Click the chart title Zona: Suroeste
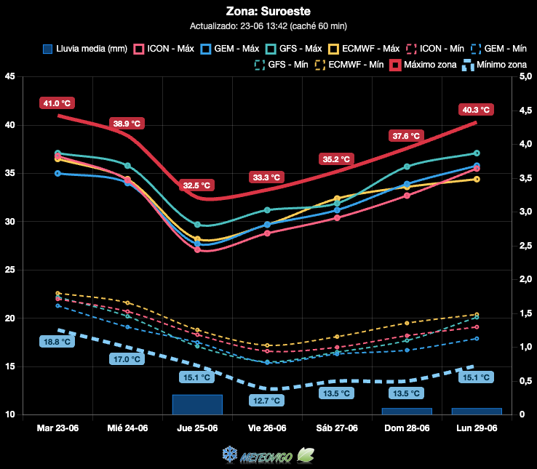click(x=268, y=12)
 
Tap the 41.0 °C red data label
click(x=57, y=103)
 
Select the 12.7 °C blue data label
click(x=266, y=400)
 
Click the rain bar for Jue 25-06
click(x=197, y=404)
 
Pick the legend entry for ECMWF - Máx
click(x=364, y=49)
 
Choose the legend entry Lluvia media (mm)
click(x=85, y=49)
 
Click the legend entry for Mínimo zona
click(x=494, y=65)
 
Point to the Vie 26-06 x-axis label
click(x=267, y=428)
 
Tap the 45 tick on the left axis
click(x=10, y=76)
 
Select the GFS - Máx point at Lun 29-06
click(x=477, y=153)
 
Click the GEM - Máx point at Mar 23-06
click(x=57, y=173)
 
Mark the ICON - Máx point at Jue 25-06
click(x=197, y=250)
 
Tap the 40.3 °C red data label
click(x=476, y=110)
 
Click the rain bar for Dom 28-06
click(x=407, y=412)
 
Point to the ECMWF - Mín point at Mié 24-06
click(x=127, y=302)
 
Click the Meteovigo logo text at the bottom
click(x=266, y=457)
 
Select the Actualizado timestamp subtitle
click(x=268, y=26)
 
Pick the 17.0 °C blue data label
click(x=127, y=359)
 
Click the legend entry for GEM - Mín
click(x=498, y=49)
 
